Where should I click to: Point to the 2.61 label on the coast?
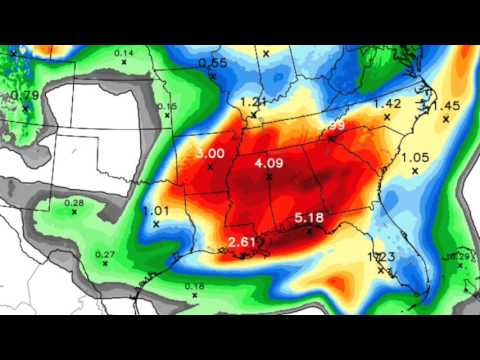tap(242, 242)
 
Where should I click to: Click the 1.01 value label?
tap(156, 210)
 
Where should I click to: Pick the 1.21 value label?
tap(252, 102)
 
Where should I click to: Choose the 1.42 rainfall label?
tap(386, 103)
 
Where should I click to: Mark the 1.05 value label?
tap(414, 157)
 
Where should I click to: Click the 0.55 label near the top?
tap(212, 63)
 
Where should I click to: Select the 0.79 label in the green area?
tap(25, 95)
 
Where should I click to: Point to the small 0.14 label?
tap(124, 52)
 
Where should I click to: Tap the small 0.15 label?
tap(167, 106)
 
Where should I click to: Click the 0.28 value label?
tap(74, 203)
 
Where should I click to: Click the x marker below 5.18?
tap(309, 231)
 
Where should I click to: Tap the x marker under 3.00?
tap(210, 166)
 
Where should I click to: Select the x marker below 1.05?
tap(413, 171)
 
